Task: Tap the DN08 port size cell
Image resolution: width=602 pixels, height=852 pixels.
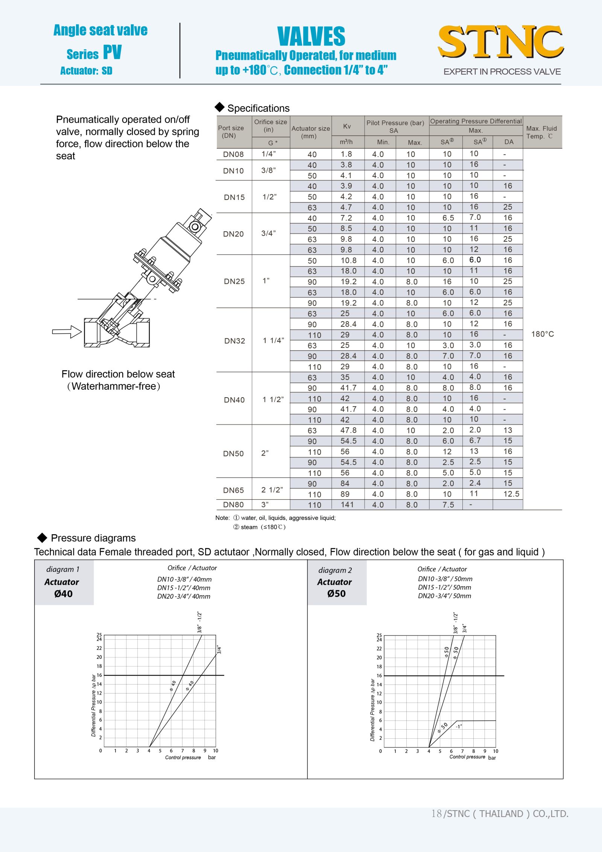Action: (233, 154)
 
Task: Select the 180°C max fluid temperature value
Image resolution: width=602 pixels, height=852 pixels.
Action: (542, 334)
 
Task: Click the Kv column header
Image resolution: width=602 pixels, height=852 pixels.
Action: (347, 127)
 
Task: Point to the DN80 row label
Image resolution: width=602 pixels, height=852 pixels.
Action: (233, 505)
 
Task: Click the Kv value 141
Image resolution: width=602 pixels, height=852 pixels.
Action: (347, 505)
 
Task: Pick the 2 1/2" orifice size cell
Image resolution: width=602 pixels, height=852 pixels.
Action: (272, 490)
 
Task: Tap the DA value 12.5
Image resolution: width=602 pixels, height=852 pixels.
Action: (511, 494)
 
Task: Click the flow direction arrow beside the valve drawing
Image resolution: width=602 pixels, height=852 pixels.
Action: (67, 332)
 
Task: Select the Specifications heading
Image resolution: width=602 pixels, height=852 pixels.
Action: (258, 108)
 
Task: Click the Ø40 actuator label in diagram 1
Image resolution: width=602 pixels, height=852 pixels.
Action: (63, 594)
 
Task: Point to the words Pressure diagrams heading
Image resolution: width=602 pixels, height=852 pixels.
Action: (93, 538)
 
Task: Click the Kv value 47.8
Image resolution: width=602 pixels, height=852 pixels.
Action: (348, 430)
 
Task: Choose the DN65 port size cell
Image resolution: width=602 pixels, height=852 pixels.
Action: (233, 490)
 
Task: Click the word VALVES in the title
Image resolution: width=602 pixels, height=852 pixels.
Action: (311, 37)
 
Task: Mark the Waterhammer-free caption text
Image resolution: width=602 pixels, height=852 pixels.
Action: (114, 386)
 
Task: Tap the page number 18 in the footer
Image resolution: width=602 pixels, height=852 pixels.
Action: (436, 814)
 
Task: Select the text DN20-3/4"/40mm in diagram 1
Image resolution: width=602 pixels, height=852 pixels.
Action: (184, 596)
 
